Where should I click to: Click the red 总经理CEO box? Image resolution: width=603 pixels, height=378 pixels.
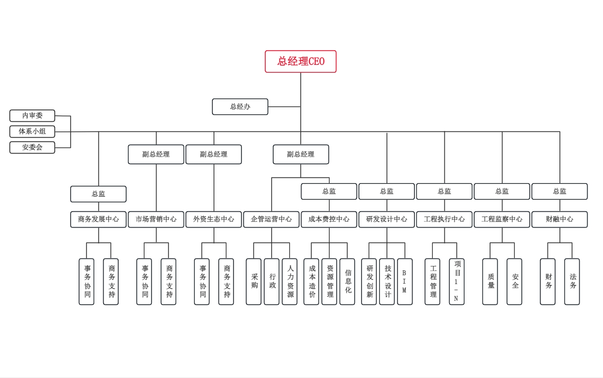coord(301,61)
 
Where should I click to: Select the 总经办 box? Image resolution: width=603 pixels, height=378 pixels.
coord(240,107)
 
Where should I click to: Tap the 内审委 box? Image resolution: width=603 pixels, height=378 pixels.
coord(32,116)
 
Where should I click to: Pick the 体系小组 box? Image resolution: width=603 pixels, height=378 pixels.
coord(32,131)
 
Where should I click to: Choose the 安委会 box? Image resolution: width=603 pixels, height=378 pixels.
coord(32,147)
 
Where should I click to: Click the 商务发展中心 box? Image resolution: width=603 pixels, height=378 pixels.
coord(98,219)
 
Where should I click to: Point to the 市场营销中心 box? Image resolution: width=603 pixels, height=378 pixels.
coord(156,219)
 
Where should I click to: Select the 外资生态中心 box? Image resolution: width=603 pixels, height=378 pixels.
coord(214,219)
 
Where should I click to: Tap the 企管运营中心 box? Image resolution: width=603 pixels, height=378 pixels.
coord(271,219)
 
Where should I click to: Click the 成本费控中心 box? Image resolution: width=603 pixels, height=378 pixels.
coord(329,219)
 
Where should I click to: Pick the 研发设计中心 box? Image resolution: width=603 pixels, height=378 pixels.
coord(387,219)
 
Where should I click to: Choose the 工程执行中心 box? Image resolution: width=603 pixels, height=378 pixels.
coord(444,219)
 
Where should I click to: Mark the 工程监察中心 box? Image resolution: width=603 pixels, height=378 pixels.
coord(502,219)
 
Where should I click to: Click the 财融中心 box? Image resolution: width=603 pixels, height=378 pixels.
coord(559,219)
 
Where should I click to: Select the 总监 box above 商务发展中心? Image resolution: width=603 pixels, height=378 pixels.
coord(98,194)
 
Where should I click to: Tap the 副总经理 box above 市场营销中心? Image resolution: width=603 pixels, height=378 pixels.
coord(156,154)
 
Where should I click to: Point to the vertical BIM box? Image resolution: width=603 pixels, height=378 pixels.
coord(405,281)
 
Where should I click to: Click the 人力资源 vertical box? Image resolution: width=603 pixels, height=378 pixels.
coord(290,281)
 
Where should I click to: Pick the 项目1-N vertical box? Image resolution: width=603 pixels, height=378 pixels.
coord(457,281)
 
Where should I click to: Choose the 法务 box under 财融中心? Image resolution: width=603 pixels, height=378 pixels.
coord(572,281)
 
